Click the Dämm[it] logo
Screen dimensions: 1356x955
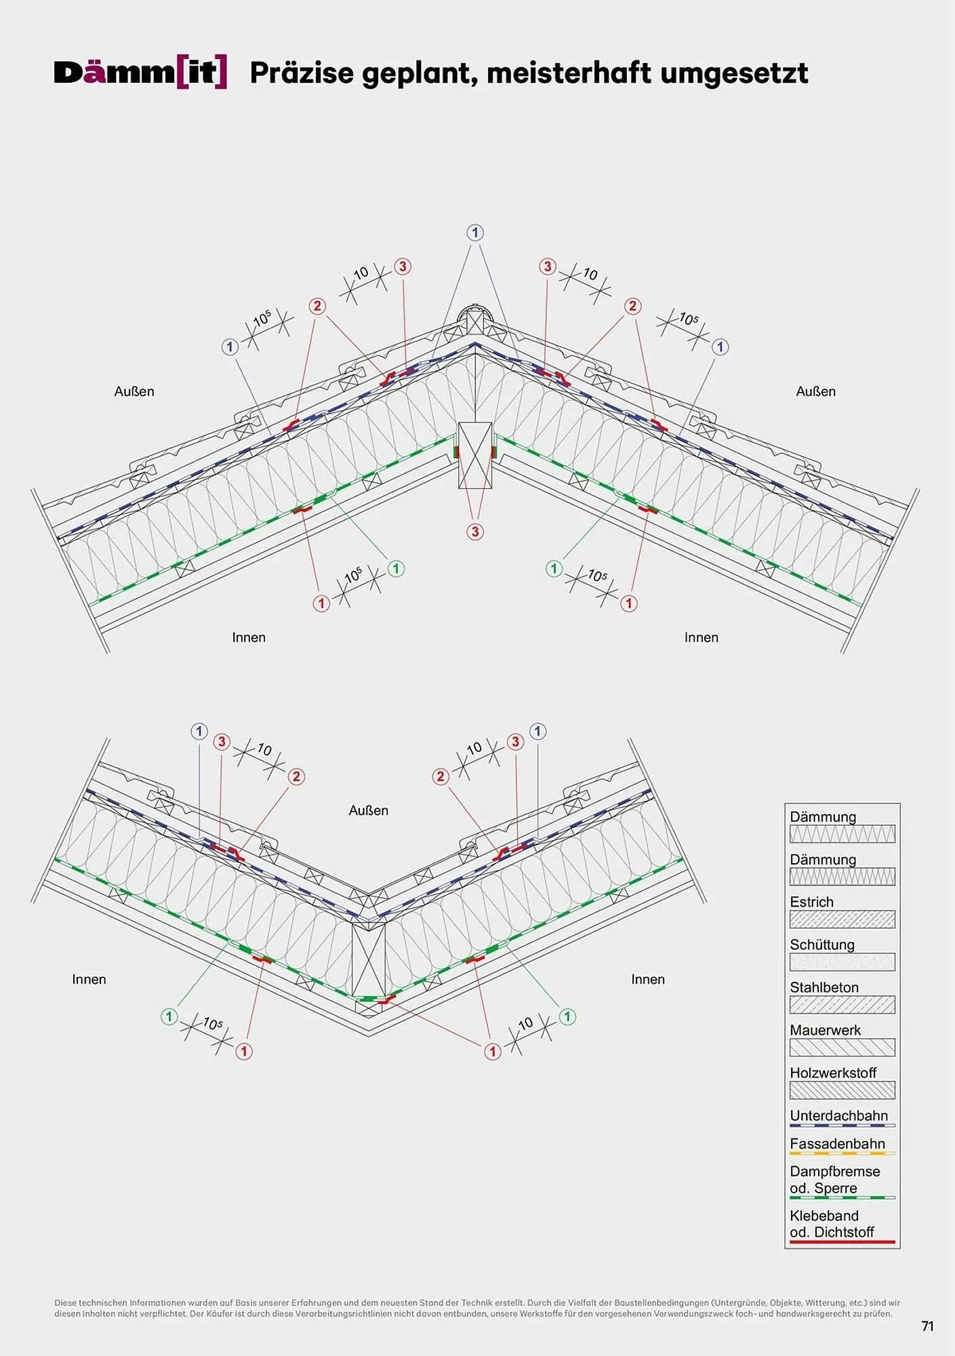140,73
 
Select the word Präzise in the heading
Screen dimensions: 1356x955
302,73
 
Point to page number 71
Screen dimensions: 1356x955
928,1326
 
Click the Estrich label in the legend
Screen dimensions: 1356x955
811,902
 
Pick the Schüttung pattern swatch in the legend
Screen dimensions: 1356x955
842,962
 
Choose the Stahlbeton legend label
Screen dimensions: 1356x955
824,987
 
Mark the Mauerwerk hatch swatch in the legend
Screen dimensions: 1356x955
842,1048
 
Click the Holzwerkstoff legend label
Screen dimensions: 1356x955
832,1073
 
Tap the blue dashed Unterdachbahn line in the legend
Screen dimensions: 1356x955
842,1125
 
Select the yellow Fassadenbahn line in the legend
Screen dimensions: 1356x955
842,1153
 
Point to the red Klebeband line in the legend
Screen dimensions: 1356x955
842,1242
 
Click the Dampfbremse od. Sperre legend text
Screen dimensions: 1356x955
834,1180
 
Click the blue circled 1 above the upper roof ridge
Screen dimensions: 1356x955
475,233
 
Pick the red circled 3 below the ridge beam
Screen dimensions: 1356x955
475,532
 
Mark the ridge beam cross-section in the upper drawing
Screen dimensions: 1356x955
475,455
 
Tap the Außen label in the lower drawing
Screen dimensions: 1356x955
368,810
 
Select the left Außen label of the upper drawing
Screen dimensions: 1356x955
134,391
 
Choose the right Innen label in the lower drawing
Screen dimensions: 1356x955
647,979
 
